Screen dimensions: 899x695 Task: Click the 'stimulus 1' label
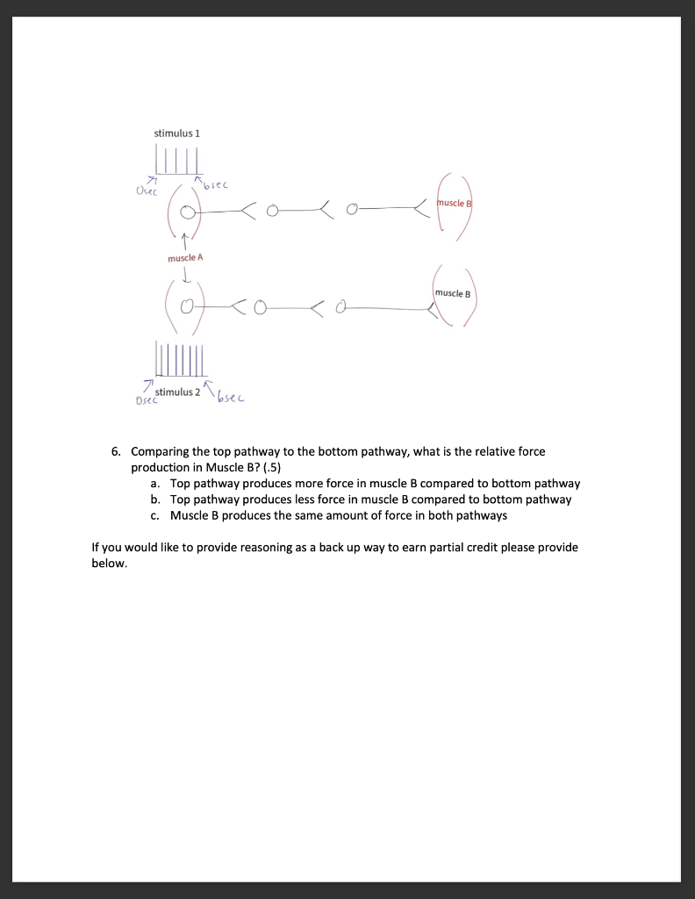pos(177,133)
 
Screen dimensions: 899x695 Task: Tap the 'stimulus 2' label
pos(177,392)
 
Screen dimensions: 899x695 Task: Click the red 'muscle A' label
pos(185,258)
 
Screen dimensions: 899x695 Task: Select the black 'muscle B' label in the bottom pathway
pos(453,293)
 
